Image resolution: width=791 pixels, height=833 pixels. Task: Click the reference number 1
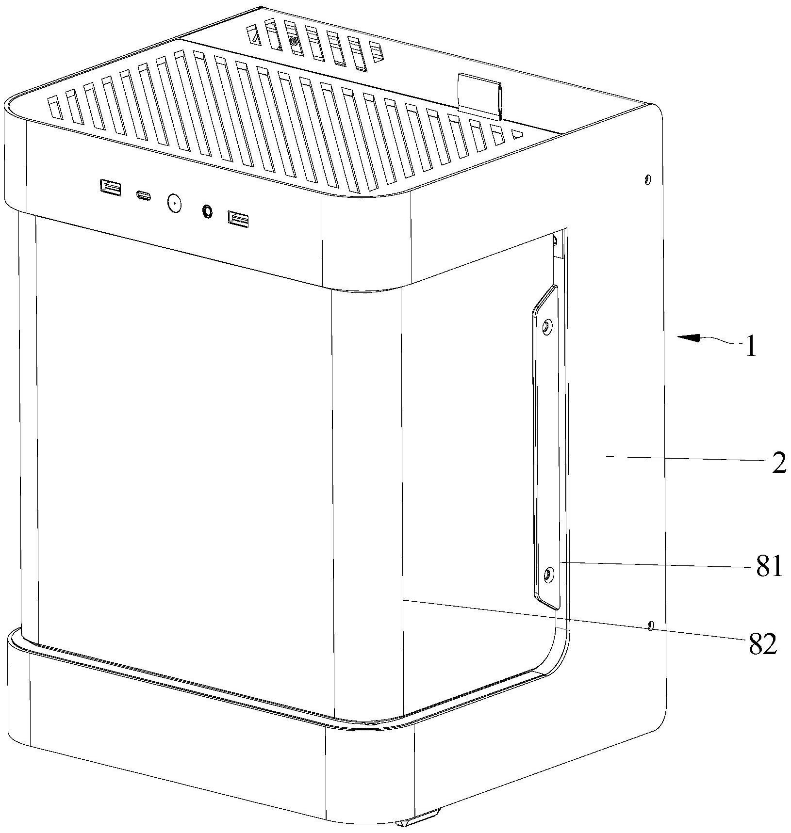click(750, 348)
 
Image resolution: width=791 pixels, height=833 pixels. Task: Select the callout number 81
click(769, 566)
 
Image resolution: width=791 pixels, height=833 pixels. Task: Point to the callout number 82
click(763, 644)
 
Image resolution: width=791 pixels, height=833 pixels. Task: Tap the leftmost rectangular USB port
click(110, 187)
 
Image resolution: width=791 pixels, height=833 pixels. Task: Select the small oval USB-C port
click(143, 196)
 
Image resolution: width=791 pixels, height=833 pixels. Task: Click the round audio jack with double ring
click(207, 211)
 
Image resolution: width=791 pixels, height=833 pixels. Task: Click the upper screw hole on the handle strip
click(547, 328)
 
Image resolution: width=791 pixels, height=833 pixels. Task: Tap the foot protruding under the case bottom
click(418, 822)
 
